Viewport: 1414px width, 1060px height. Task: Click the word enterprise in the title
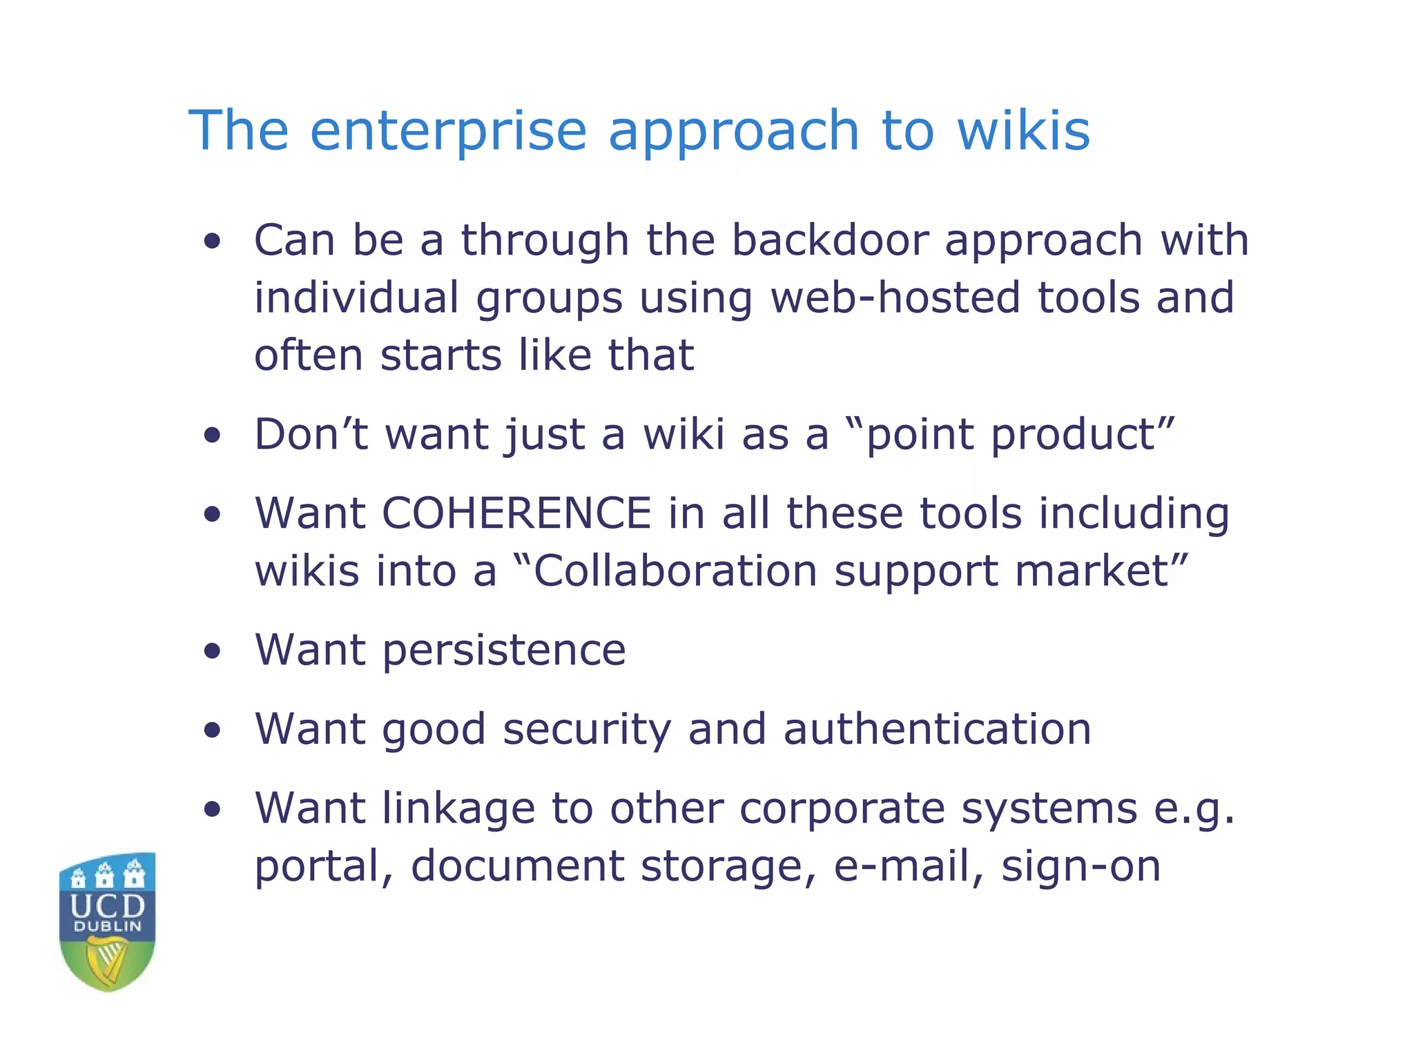pos(448,131)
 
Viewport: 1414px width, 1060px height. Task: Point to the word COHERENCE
pos(516,513)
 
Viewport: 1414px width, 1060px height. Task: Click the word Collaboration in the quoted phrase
pos(675,571)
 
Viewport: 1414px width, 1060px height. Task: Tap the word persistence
pos(504,650)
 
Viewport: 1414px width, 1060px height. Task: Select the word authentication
pos(937,729)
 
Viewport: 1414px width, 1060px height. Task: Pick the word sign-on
pos(1081,866)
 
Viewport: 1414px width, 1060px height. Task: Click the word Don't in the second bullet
pos(311,435)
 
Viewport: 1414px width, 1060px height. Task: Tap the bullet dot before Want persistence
pos(213,651)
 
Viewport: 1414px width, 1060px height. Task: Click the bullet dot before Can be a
pos(213,242)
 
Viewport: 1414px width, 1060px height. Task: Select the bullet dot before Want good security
pos(213,731)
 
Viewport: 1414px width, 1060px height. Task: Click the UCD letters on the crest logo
pos(108,905)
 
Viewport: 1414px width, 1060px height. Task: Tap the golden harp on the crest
pos(108,961)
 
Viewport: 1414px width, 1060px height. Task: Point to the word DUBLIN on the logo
pos(108,927)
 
